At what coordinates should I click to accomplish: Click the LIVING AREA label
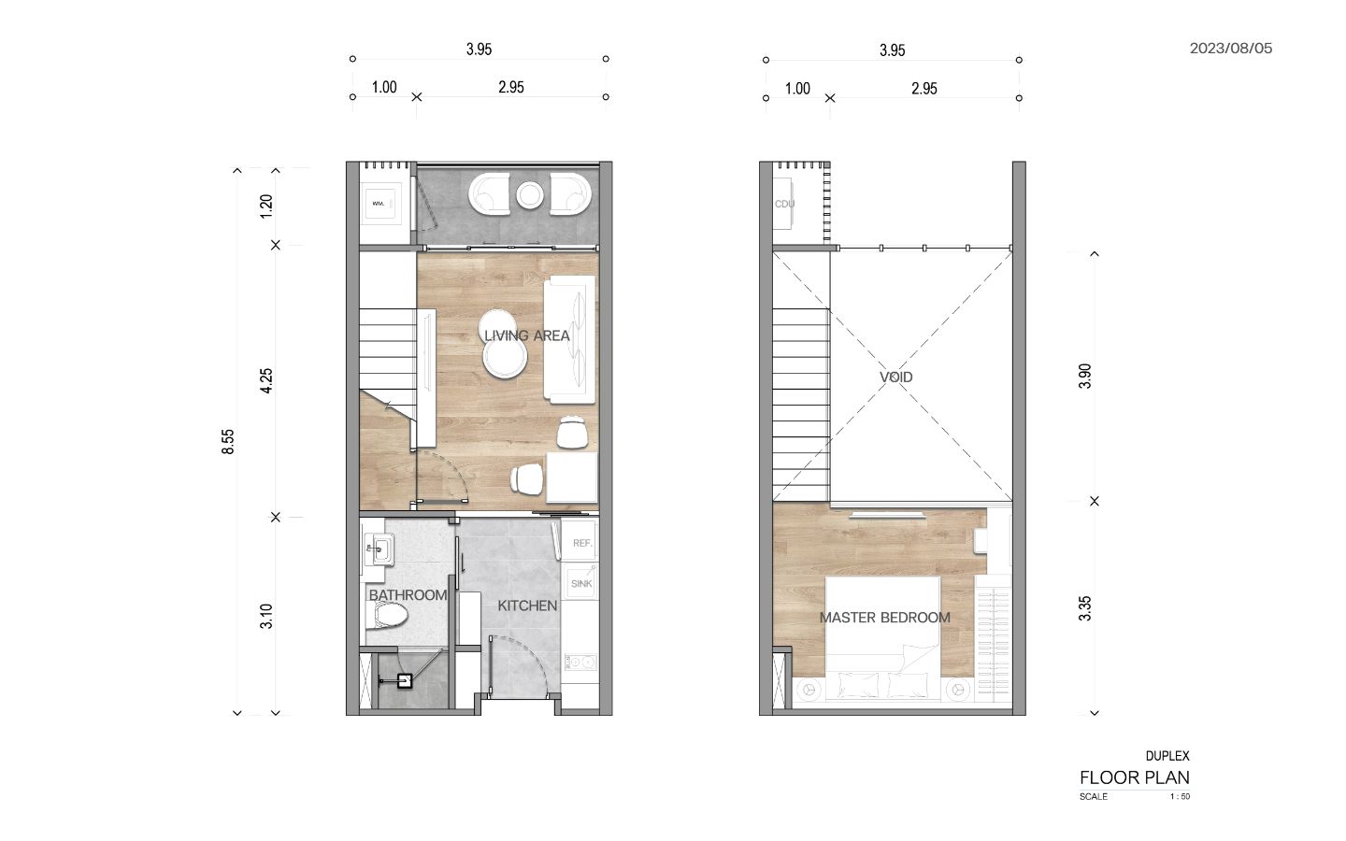pos(527,335)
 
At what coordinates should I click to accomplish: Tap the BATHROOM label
pos(408,595)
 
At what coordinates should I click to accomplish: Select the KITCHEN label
pos(527,606)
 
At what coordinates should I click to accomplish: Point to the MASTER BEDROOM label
pos(885,618)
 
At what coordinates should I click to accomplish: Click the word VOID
pos(895,378)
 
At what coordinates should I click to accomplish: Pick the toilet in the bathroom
pos(387,616)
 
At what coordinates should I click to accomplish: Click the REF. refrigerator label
pos(582,543)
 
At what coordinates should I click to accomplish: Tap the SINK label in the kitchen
pos(581,583)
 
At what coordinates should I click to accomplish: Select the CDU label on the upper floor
pos(785,204)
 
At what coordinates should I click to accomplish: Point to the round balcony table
pos(529,194)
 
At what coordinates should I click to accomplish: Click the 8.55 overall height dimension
pos(228,441)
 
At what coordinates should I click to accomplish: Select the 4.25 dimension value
pos(266,381)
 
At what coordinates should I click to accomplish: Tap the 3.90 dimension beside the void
pos(1084,376)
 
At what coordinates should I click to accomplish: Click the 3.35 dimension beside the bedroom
pos(1084,608)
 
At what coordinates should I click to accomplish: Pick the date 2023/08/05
pos(1231,49)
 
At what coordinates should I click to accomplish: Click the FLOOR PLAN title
pos(1135,777)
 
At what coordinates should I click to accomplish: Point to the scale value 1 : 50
pos(1180,796)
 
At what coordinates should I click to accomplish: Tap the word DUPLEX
pos(1167,756)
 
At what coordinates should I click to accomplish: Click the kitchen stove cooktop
pos(580,662)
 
